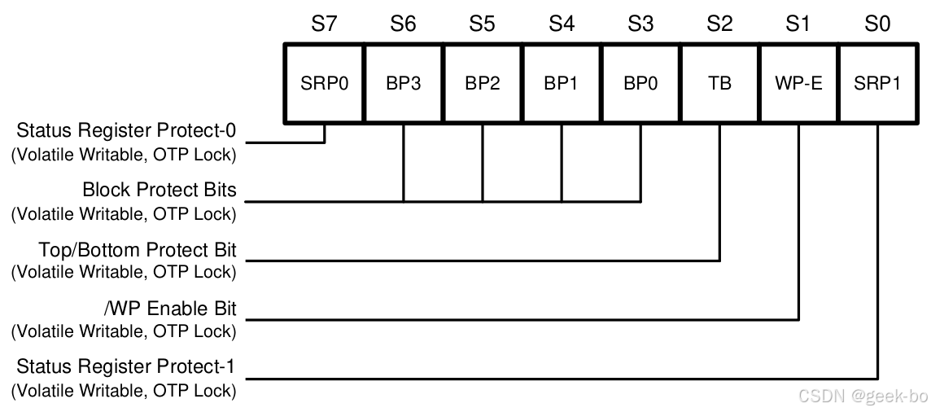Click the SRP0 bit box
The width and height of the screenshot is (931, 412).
324,83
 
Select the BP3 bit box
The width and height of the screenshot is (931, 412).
403,83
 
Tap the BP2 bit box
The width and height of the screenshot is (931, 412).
482,83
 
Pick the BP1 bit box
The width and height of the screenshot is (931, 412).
561,83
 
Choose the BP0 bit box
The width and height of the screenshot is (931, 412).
640,83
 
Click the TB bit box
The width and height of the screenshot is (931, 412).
719,83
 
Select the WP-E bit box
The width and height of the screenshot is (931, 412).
798,83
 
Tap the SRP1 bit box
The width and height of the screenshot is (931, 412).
877,83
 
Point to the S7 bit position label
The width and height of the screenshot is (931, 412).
324,24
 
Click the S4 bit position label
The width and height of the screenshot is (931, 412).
561,24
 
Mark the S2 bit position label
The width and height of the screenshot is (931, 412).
719,24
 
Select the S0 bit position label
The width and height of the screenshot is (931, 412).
877,24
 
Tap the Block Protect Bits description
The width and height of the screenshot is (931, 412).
160,190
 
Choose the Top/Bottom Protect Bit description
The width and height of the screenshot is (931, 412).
138,249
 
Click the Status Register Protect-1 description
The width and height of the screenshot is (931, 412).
127,367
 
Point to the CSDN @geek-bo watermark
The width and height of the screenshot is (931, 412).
863,397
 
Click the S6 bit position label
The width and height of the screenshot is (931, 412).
403,24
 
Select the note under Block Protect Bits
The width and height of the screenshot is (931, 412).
124,214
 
